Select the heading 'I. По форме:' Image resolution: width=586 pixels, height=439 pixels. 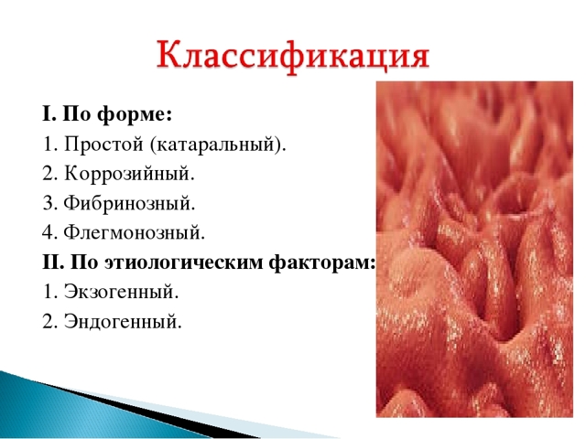(106, 114)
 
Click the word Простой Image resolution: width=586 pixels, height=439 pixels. (106, 144)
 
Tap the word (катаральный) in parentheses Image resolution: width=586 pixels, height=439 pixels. (219, 144)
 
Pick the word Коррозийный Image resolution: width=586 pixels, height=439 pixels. (129, 173)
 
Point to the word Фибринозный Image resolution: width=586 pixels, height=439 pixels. (130, 202)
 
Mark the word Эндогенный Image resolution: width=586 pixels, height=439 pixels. (124, 320)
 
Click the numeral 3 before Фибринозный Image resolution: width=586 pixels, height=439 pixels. (47, 202)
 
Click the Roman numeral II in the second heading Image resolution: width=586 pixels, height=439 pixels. (49, 262)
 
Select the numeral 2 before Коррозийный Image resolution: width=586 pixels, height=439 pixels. (47, 173)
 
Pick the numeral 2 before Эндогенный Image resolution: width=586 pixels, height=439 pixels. (47, 320)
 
